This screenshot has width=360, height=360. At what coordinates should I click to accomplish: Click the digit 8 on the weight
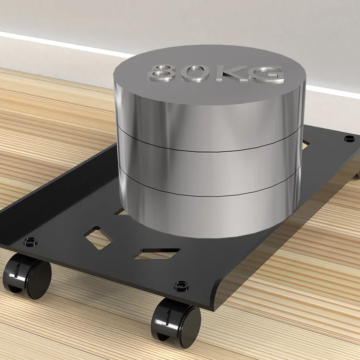tap(162, 72)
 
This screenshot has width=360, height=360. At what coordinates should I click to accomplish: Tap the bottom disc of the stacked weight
tap(209, 214)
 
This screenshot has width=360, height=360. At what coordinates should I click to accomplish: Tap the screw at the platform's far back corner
tap(349, 138)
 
